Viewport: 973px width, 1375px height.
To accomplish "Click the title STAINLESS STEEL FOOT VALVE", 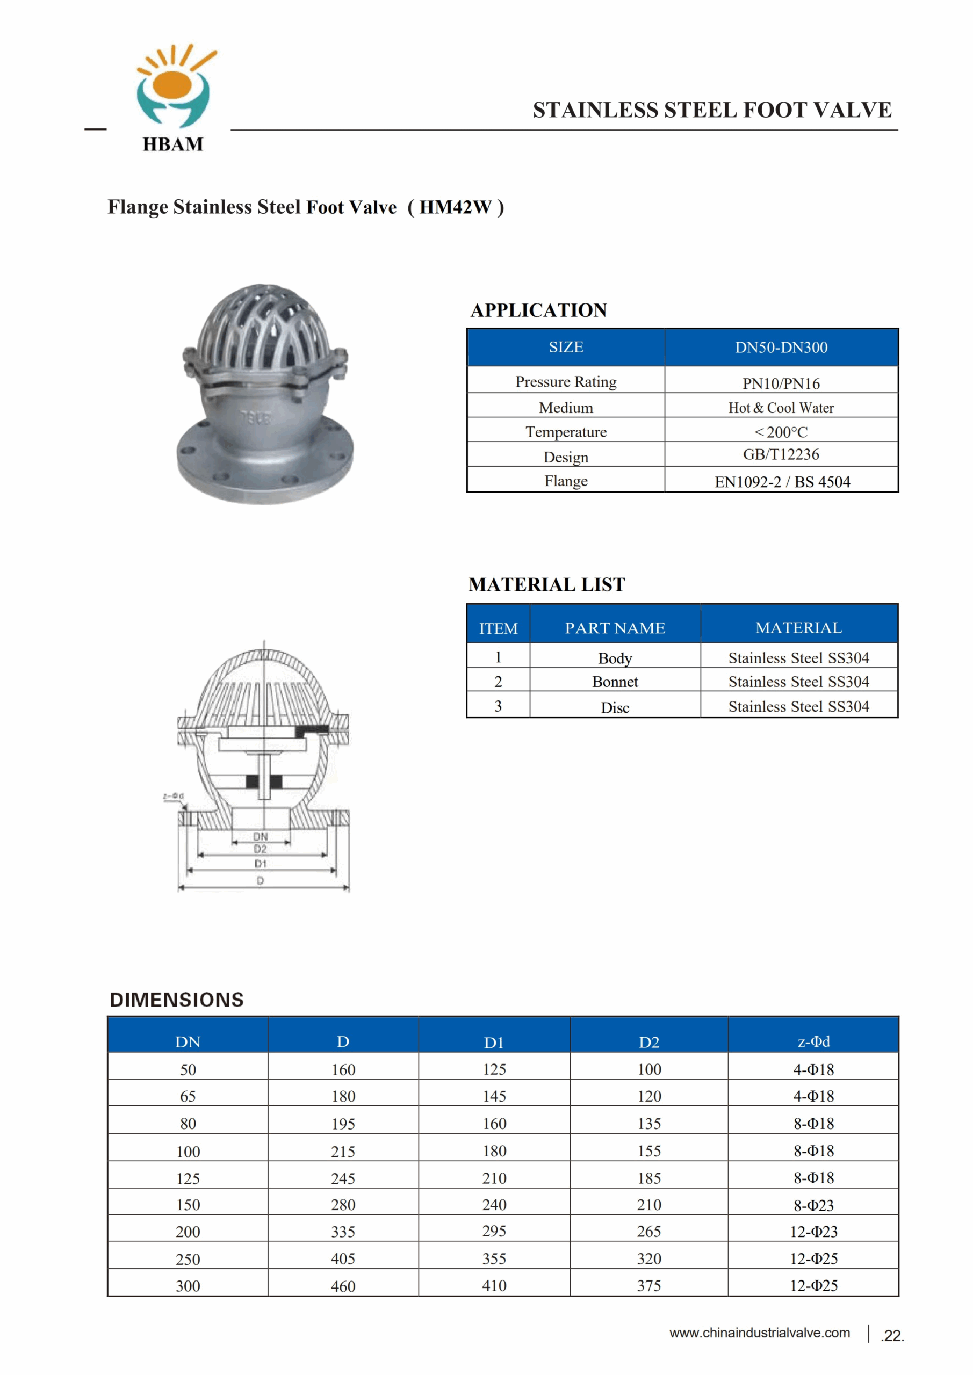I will pos(712,110).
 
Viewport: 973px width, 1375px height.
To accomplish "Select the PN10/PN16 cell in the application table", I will pos(781,383).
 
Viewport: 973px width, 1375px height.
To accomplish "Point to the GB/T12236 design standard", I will pos(781,454).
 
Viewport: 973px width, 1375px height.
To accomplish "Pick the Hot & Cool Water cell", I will pos(781,408).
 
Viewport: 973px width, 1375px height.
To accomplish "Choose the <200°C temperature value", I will pos(781,432).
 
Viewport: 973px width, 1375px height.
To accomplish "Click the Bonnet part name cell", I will pos(615,682).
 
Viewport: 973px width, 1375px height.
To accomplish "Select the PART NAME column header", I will pos(615,628).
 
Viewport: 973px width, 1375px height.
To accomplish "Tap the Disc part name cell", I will pos(615,707).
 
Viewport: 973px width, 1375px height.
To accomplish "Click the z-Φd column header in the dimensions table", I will pos(813,1041).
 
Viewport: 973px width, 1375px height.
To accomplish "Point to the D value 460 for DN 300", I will pos(343,1286).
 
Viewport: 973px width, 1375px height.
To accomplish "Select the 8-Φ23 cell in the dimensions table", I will pos(813,1205).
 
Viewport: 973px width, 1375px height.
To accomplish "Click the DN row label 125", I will pos(188,1178).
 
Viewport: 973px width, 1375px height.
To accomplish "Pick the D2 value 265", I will pos(649,1231).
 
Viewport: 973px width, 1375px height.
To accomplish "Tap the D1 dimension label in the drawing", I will pos(260,864).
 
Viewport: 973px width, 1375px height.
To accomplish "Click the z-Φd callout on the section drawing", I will pos(173,796).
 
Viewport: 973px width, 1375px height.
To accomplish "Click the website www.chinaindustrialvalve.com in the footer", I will pos(759,1333).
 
